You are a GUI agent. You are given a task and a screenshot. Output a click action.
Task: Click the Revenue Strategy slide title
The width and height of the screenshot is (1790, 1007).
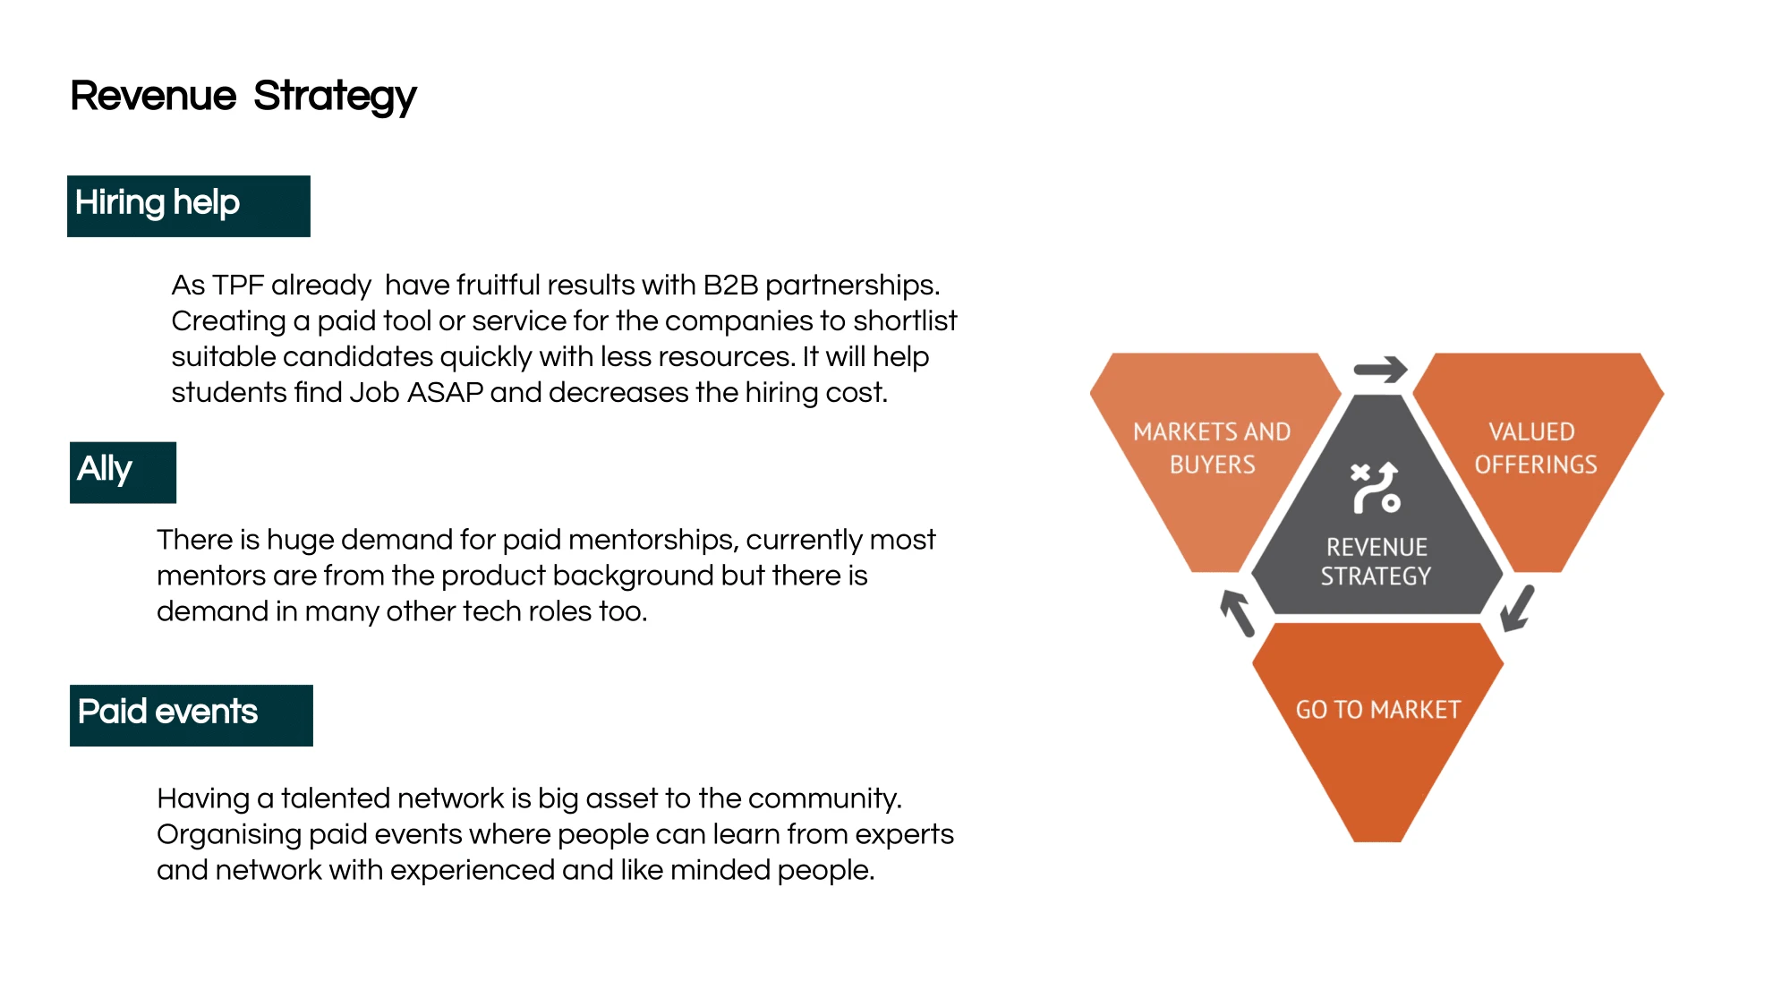tap(243, 97)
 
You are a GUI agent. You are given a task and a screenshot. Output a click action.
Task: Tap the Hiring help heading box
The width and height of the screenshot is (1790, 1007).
tap(189, 206)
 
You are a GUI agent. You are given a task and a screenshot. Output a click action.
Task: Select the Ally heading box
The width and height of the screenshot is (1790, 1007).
tap(123, 473)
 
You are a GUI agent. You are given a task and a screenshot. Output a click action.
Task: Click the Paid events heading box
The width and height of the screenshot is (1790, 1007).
tap(192, 715)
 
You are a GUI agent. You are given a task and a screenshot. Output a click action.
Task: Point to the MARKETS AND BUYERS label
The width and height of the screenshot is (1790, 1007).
tap(1212, 448)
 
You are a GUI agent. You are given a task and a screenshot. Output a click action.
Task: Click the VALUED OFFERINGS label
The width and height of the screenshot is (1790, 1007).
tap(1535, 448)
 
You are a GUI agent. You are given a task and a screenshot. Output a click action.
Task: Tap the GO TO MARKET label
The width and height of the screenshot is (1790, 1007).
tap(1377, 710)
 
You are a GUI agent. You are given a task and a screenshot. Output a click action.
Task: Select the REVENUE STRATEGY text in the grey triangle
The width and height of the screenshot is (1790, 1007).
tap(1377, 561)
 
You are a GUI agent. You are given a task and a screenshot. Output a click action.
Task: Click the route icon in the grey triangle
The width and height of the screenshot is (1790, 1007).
tap(1376, 488)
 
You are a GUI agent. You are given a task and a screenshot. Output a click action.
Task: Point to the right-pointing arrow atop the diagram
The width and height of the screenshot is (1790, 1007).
tap(1380, 369)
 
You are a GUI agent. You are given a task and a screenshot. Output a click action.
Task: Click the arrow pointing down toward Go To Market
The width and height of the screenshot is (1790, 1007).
tap(1518, 609)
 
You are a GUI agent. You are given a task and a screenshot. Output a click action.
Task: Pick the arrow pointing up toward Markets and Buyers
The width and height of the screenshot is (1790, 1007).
tap(1238, 613)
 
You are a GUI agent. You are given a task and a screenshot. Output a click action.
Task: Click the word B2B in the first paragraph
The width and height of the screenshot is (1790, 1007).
tap(730, 285)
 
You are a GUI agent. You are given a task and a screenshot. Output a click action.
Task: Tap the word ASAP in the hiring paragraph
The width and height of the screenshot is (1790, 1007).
tap(445, 392)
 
